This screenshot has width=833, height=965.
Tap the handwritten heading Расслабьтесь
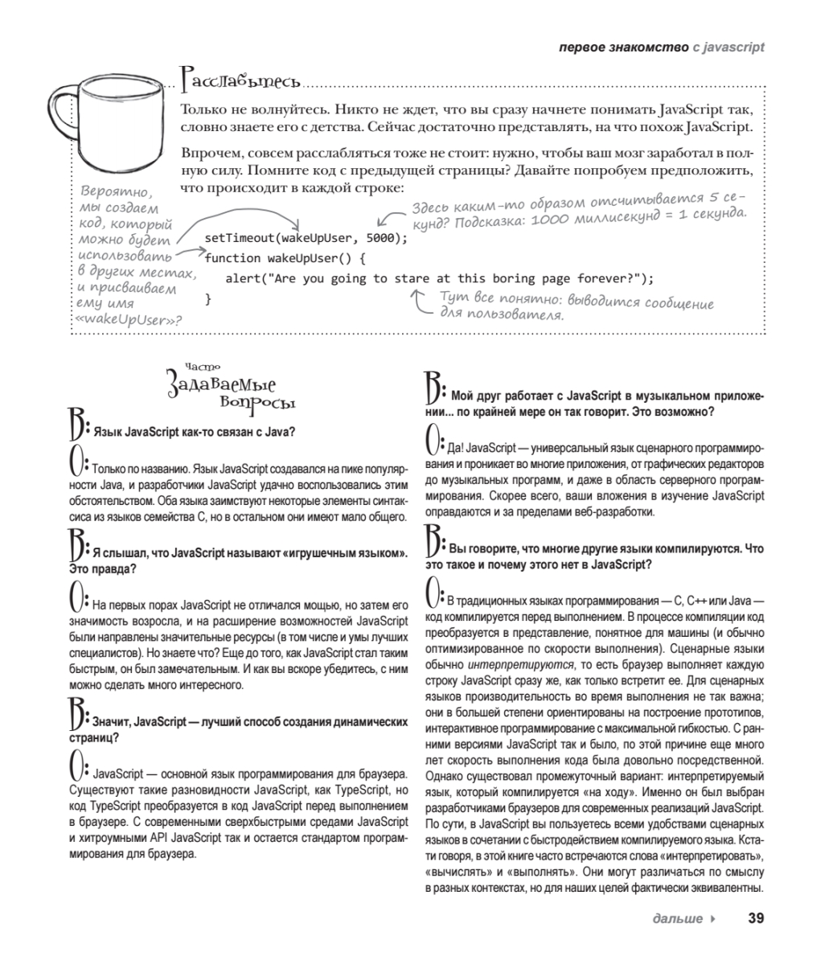(241, 80)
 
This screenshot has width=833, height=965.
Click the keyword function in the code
(233, 258)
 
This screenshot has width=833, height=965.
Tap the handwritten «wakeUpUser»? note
(128, 319)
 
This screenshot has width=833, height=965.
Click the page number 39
(755, 918)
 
